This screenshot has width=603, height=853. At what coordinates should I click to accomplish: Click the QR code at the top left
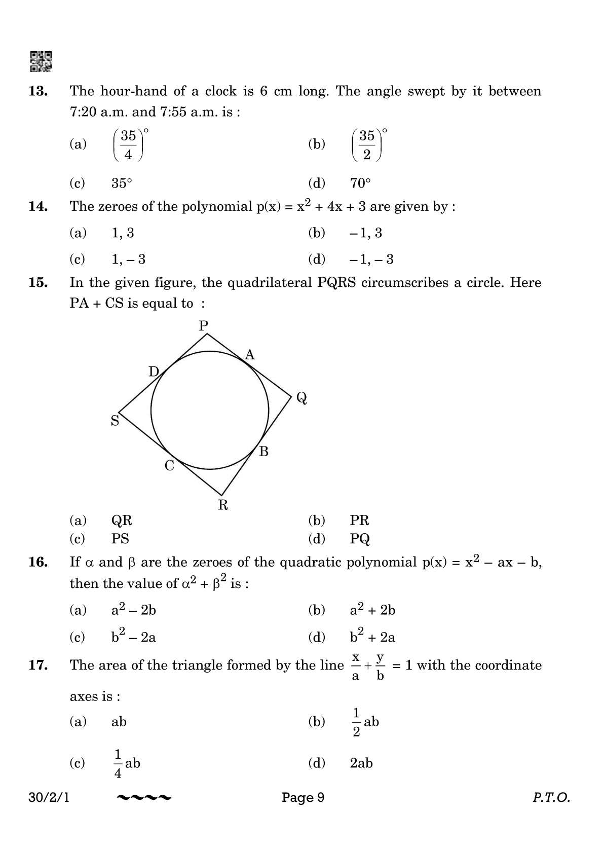pos(41,61)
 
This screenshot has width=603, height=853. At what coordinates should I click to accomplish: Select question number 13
pos(38,92)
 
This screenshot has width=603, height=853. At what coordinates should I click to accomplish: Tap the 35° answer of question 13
pos(122,183)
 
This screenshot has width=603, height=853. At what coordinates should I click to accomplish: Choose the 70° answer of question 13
pos(360,183)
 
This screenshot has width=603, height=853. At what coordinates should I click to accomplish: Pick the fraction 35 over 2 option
pos(367,144)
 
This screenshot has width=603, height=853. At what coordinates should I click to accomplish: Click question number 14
pos(38,206)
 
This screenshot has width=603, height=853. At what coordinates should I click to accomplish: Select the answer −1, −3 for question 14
pos(371,259)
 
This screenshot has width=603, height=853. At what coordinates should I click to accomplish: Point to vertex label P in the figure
pos(204,325)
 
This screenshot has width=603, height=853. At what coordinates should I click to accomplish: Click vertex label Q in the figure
pos(301,399)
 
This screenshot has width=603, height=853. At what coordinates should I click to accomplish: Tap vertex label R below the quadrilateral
pos(223,505)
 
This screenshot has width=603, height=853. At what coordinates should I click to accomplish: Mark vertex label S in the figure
pos(115,421)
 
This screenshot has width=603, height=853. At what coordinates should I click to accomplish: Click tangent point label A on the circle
pos(249,355)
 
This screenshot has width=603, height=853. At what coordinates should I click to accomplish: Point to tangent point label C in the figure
pos(169,465)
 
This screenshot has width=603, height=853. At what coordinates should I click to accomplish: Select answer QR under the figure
pos(122,521)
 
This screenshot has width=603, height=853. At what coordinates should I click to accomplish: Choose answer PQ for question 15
pos(360,539)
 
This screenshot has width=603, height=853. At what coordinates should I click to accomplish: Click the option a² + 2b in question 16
pos(372,610)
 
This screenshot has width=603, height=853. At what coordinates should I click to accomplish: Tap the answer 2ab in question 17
pos(361,763)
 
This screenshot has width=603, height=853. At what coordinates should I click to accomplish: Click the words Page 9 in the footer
pos(303,797)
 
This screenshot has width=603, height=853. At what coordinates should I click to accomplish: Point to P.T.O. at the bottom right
pos(551,797)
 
